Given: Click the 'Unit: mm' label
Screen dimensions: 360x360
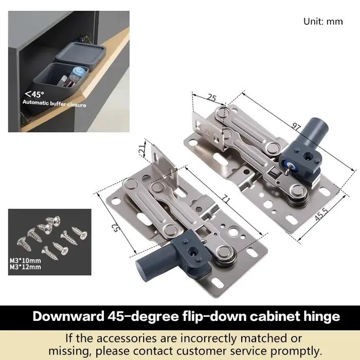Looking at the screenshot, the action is [323, 22].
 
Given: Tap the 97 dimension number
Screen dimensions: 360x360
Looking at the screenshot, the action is [296, 127].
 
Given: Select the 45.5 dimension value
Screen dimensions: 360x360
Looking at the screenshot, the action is [321, 214].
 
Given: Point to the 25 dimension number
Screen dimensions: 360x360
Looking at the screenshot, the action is [211, 98].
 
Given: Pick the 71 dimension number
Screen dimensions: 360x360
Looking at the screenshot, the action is [226, 199].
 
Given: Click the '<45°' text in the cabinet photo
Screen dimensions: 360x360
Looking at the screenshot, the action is [34, 94].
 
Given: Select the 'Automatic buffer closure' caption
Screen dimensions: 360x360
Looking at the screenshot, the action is [55, 103].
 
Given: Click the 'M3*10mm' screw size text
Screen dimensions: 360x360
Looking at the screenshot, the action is [25, 261].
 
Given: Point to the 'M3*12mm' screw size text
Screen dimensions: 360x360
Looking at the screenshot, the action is [25, 267].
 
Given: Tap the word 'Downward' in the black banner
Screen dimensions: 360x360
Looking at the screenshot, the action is [68, 316].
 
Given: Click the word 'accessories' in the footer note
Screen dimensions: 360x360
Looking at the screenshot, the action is [137, 338].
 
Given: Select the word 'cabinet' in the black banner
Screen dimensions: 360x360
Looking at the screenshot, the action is [275, 316].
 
